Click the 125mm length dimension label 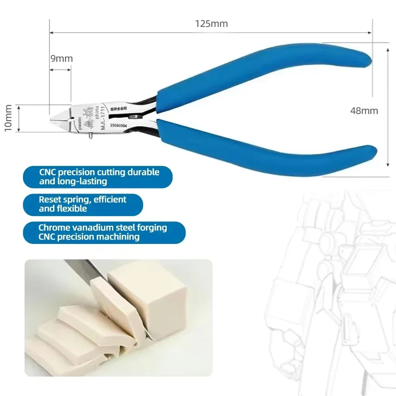click(x=211, y=23)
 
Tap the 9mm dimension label click(x=61, y=59)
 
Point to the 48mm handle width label click(x=364, y=111)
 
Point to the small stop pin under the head click(x=91, y=136)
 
